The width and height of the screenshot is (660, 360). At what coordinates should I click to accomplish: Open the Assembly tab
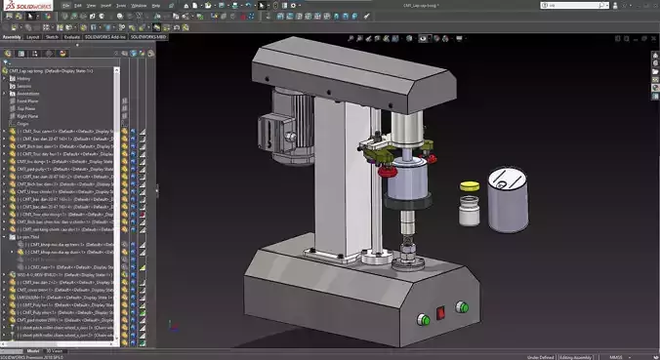click(x=12, y=37)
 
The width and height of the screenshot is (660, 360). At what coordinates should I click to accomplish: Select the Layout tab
click(x=33, y=37)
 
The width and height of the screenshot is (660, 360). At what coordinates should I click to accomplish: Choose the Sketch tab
click(x=52, y=37)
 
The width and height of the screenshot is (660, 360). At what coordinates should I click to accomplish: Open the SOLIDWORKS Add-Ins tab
click(x=105, y=37)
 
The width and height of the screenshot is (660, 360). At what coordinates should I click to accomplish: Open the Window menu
click(x=140, y=6)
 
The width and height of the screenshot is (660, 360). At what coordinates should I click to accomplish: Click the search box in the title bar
click(x=586, y=6)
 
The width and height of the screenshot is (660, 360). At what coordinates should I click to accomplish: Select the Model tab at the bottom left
click(x=32, y=349)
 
